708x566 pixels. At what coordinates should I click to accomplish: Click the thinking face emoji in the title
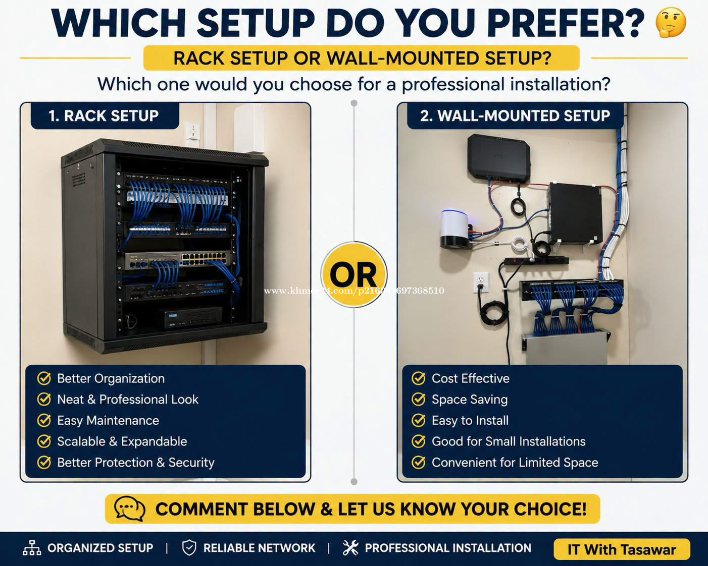[671, 23]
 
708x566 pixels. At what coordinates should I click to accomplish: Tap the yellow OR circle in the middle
[353, 275]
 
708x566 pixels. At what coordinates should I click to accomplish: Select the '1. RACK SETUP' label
[105, 116]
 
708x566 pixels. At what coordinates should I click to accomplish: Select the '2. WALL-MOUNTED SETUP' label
[515, 116]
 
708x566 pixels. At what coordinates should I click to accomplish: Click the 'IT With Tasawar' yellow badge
[622, 549]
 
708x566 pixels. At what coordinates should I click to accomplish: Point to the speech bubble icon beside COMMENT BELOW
[130, 508]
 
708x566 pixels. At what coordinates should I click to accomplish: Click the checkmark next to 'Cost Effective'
[418, 378]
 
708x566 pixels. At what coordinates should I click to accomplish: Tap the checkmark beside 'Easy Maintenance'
[44, 420]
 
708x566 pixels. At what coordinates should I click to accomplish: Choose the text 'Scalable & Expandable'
[122, 441]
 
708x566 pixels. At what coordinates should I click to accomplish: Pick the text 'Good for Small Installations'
[509, 441]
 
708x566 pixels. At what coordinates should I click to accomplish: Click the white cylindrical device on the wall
[454, 228]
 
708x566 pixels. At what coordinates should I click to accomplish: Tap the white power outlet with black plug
[481, 282]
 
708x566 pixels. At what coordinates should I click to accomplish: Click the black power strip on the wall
[536, 261]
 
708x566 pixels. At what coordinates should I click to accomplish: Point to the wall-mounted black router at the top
[499, 157]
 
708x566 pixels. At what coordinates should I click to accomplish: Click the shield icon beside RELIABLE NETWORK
[189, 548]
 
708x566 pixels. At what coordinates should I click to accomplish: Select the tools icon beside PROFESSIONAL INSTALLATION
[350, 548]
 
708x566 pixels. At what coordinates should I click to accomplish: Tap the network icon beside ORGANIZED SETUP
[32, 548]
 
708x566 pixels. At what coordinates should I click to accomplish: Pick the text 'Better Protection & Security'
[136, 463]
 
